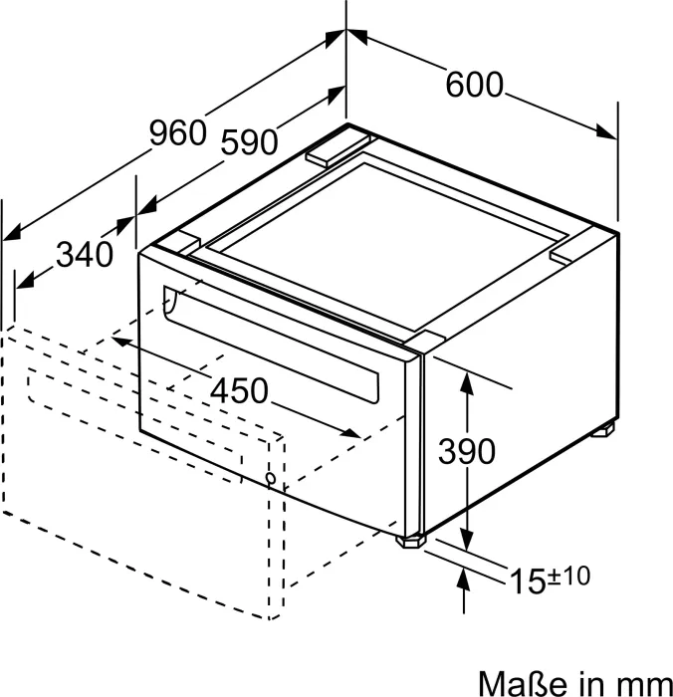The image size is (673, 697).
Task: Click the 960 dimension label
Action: coord(178,132)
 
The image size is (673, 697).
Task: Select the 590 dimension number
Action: coord(249,141)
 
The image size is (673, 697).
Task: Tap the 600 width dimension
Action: coord(474,84)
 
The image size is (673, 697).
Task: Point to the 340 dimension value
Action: coord(85,255)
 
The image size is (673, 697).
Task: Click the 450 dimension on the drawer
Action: coord(239,390)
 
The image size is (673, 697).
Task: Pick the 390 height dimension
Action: coord(467,451)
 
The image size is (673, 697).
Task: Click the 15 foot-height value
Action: coord(528,581)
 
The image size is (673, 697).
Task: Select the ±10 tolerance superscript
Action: coord(569,576)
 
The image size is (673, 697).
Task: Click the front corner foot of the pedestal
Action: coord(410,541)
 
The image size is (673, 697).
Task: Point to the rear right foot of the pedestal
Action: coord(602,430)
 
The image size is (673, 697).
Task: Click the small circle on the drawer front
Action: coord(270,478)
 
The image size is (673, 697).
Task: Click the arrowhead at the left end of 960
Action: coord(12,233)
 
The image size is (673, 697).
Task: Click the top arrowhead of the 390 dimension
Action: coord(466,383)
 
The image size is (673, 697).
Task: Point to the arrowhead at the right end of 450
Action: coord(350,432)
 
